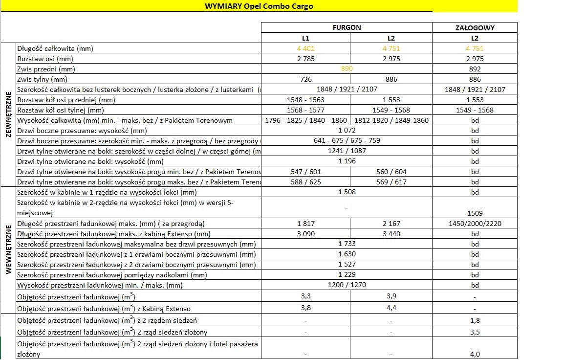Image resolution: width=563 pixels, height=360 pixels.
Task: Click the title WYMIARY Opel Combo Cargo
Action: pyautogui.click(x=259, y=6)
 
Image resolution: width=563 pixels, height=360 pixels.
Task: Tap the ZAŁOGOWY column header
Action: pyautogui.click(x=475, y=28)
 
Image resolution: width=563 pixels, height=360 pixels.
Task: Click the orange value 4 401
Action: pyautogui.click(x=305, y=48)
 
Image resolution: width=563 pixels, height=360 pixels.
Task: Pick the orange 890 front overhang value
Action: pyautogui.click(x=346, y=69)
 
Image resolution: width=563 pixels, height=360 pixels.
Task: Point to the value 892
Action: pyautogui.click(x=475, y=69)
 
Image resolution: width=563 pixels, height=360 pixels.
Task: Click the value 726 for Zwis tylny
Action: pyautogui.click(x=305, y=79)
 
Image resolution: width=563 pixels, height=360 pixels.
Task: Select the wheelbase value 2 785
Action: pyautogui.click(x=305, y=59)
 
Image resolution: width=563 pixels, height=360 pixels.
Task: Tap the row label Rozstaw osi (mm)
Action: pyautogui.click(x=45, y=59)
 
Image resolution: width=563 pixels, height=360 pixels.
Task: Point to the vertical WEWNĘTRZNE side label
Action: pyautogui.click(x=8, y=250)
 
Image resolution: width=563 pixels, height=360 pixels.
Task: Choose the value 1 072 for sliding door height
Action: pyautogui.click(x=346, y=131)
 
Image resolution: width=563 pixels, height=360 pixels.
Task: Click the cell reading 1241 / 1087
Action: pyautogui.click(x=346, y=151)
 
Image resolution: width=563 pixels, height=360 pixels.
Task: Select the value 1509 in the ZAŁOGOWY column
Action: pyautogui.click(x=475, y=213)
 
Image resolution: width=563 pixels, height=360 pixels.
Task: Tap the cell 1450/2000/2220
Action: pyautogui.click(x=475, y=224)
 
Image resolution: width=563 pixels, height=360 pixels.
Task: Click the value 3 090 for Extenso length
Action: pyautogui.click(x=305, y=234)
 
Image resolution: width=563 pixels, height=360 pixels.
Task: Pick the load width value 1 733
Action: pyautogui.click(x=346, y=244)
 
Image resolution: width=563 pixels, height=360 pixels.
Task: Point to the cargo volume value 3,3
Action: pyautogui.click(x=305, y=296)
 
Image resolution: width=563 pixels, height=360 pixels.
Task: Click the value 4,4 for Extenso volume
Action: pyautogui.click(x=391, y=308)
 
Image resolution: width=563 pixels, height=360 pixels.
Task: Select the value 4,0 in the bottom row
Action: pyautogui.click(x=475, y=354)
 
